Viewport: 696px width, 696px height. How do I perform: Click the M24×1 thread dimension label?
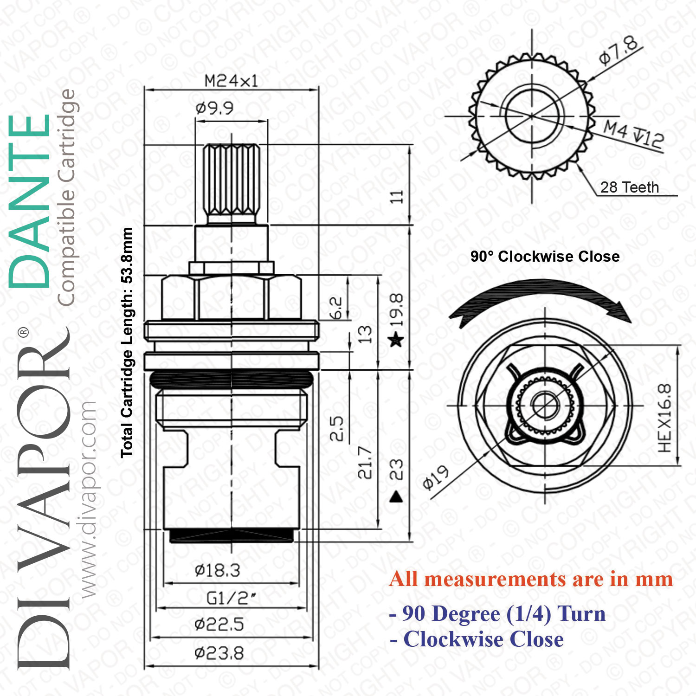click(231, 81)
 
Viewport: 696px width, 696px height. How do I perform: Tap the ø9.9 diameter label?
click(214, 108)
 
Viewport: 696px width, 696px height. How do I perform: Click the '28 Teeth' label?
click(629, 187)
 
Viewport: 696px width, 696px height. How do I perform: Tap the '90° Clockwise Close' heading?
click(545, 256)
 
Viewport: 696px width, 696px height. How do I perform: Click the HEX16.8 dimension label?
click(664, 418)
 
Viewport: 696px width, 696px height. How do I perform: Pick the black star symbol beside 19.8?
click(396, 339)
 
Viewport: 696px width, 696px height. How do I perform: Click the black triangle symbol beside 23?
click(396, 497)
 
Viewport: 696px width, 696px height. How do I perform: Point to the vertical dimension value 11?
click(396, 196)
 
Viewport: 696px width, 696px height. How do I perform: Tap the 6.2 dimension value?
click(336, 308)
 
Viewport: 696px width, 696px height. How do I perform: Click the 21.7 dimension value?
click(365, 462)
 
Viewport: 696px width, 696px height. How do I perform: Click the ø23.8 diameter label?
click(219, 653)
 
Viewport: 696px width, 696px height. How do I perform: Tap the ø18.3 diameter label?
click(217, 570)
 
